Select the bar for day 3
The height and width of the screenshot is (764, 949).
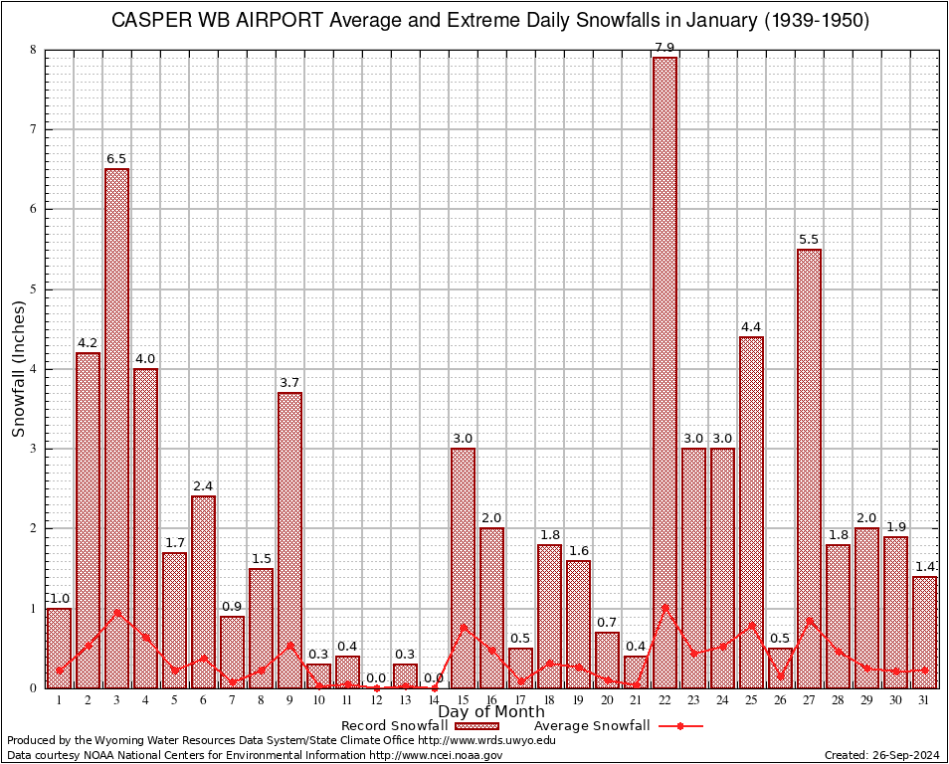(x=116, y=428)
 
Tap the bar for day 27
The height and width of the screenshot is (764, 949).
(x=809, y=468)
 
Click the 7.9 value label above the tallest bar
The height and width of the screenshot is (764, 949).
(x=664, y=48)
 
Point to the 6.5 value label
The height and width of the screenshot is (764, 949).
(x=116, y=159)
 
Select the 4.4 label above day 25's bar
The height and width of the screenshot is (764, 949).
(x=751, y=327)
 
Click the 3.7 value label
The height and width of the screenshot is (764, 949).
(x=289, y=383)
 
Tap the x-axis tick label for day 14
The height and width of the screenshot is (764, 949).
(x=434, y=700)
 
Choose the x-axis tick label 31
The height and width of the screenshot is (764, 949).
(x=924, y=700)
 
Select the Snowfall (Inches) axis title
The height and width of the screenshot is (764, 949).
(x=19, y=368)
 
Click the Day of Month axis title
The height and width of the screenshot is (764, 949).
(x=491, y=712)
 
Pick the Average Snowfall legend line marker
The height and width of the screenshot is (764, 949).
(x=680, y=726)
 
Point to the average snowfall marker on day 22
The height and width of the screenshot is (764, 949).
(x=664, y=607)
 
